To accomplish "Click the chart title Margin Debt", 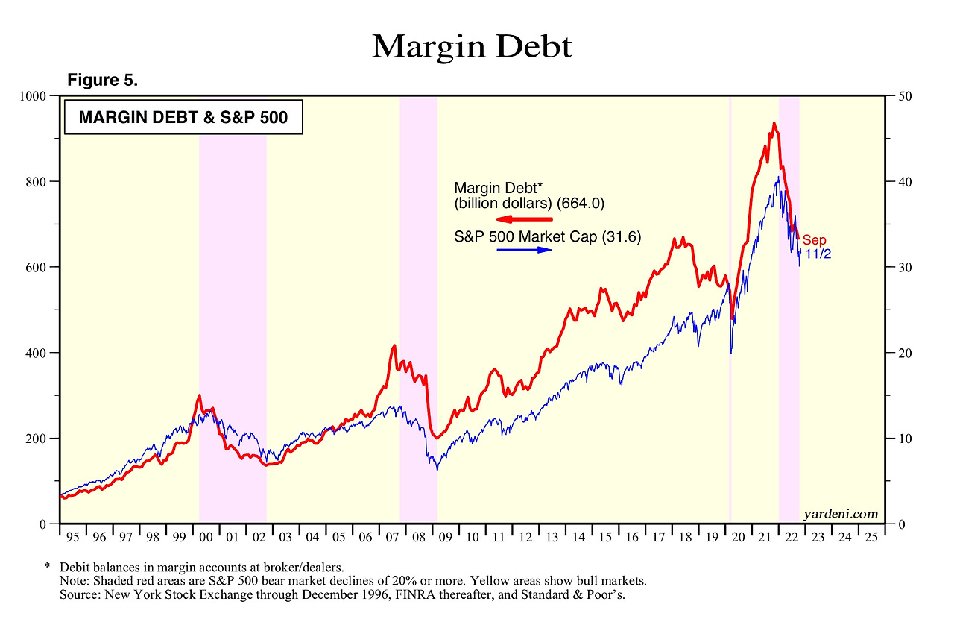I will click(x=472, y=47).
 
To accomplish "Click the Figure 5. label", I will click(x=102, y=81).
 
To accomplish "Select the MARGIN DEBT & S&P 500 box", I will click(x=183, y=117).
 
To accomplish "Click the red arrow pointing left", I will click(x=525, y=219).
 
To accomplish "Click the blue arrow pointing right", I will click(x=525, y=250).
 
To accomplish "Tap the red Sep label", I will click(x=814, y=240).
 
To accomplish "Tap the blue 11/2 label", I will click(x=818, y=254).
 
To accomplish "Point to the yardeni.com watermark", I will click(x=841, y=514).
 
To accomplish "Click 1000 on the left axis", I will click(x=35, y=96).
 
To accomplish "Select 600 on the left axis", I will click(x=38, y=267).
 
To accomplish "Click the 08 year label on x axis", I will click(x=417, y=536).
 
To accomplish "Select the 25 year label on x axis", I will click(x=868, y=536).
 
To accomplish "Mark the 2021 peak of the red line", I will click(x=774, y=124).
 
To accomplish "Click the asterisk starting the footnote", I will click(x=46, y=568).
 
